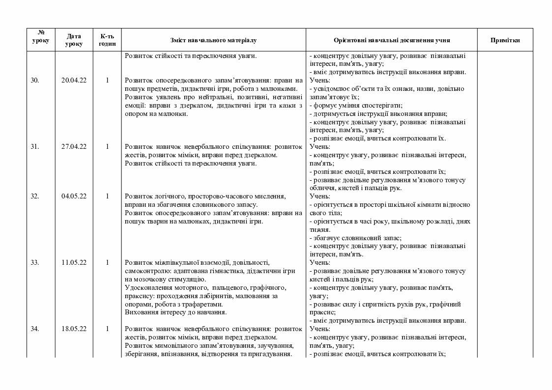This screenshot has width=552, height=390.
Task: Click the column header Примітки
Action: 505,40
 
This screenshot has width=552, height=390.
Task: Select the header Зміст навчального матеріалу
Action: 213,40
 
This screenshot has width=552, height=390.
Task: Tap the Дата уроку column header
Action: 74,40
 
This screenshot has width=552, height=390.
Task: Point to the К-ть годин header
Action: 107,40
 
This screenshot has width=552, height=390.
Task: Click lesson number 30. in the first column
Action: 35,80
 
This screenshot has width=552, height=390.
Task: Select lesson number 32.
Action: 35,196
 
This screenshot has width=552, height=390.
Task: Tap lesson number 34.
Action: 35,329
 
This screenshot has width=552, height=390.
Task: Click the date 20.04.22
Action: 74,80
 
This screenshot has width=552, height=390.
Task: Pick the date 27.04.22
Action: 74,146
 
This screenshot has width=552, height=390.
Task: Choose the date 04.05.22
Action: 74,196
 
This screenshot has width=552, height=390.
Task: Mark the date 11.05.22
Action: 74,262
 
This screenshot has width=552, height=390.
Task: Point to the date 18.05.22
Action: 74,329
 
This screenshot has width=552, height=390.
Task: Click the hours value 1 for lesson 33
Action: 107,262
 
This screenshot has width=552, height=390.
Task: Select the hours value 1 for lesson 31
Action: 107,146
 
